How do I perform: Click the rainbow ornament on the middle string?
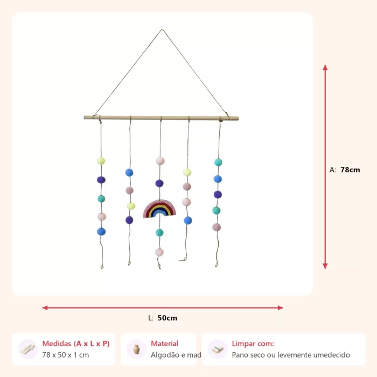159,208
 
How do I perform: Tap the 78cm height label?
350,170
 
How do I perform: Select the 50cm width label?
167,318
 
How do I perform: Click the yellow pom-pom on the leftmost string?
101,161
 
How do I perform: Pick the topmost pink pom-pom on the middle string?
160,161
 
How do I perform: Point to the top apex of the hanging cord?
162,30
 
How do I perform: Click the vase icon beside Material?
137,349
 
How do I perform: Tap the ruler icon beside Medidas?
28,350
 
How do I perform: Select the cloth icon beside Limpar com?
218,350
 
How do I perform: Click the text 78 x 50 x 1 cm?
66,355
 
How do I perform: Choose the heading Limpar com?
253,344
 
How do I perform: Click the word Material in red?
164,344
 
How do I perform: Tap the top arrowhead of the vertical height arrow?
325,67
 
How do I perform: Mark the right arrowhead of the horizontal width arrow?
281,308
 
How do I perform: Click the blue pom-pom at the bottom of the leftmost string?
101,232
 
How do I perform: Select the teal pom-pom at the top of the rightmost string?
218,162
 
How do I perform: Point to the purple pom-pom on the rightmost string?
218,194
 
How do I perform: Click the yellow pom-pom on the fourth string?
187,172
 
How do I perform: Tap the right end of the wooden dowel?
238,118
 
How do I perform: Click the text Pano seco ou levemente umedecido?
291,355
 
